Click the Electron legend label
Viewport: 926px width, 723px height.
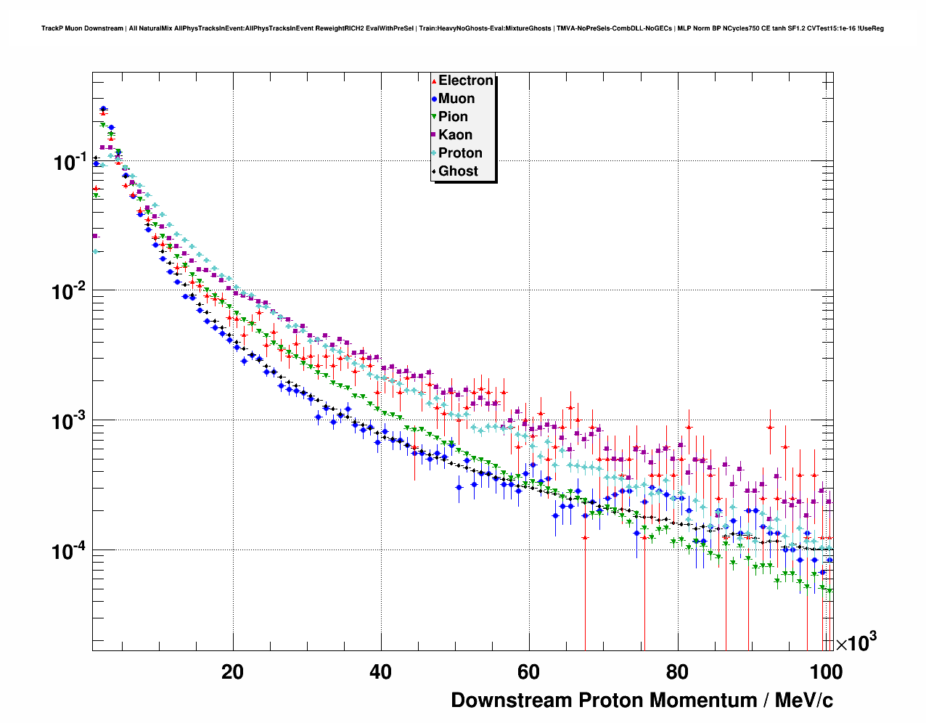tap(466, 81)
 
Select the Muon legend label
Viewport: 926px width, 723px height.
tap(456, 99)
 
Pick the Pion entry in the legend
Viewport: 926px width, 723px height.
tap(453, 117)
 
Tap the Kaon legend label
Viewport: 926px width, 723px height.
tap(455, 135)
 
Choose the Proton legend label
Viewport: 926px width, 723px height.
tap(460, 153)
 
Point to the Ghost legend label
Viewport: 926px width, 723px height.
tap(458, 171)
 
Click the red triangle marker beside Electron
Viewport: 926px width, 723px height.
tap(434, 81)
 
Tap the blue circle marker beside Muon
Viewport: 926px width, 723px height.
tap(434, 99)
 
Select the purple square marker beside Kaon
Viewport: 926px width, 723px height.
tap(434, 135)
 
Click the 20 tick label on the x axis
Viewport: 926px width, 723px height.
tap(233, 672)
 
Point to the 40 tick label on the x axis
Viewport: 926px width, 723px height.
tap(380, 672)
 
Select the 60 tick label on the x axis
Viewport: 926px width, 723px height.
tap(528, 672)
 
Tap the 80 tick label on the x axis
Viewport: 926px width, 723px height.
tap(676, 672)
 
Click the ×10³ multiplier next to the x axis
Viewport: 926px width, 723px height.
tap(856, 642)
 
